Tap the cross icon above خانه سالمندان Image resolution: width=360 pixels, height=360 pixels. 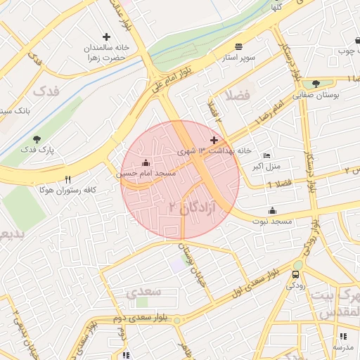(x=106, y=37)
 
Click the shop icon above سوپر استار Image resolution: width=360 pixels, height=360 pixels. (x=239, y=45)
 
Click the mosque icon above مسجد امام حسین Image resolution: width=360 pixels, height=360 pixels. (x=146, y=162)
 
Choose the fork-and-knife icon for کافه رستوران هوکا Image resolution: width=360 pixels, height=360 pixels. (x=67, y=180)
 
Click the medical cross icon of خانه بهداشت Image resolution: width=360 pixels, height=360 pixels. (x=214, y=141)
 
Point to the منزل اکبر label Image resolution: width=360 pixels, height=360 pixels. (x=266, y=166)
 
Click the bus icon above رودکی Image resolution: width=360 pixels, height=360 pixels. (x=296, y=274)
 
